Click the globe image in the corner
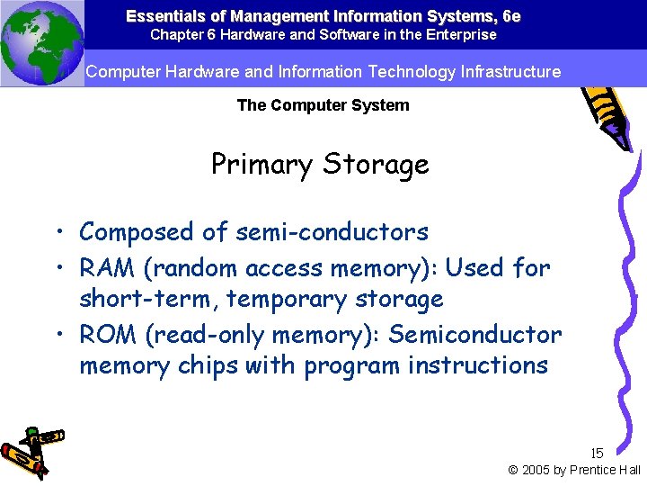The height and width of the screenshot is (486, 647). point(41,43)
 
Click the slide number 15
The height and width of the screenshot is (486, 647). point(597,454)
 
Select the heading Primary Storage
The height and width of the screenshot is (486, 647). point(320,165)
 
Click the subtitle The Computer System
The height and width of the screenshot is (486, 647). point(323,105)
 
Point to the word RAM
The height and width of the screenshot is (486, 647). point(107,267)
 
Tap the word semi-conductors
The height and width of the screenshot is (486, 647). point(332,232)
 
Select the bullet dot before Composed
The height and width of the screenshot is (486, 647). point(56,233)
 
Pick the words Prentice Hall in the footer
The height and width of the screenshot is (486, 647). point(610,470)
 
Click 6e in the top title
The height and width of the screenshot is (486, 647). point(511,16)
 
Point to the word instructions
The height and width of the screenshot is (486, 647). point(477,365)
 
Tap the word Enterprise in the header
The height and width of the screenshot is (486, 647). point(464,35)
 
